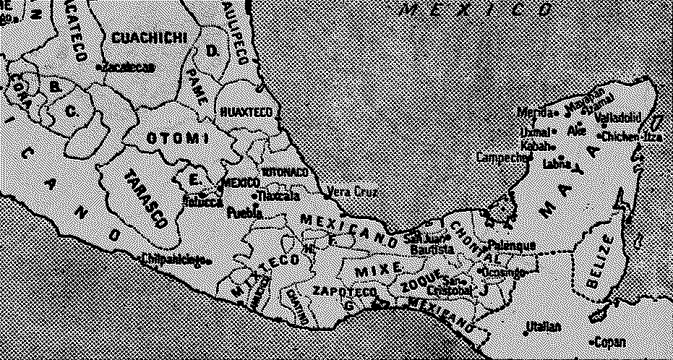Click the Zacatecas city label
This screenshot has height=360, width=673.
pos(129,67)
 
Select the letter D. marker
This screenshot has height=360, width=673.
pos(213,51)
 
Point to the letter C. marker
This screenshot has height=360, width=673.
pos(72,111)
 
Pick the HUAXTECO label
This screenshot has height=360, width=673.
pos(245,112)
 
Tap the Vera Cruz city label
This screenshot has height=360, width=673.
pos(349,192)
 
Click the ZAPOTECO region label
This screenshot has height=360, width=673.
pos(345,291)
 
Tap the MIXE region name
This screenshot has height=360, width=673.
pos(377,270)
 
